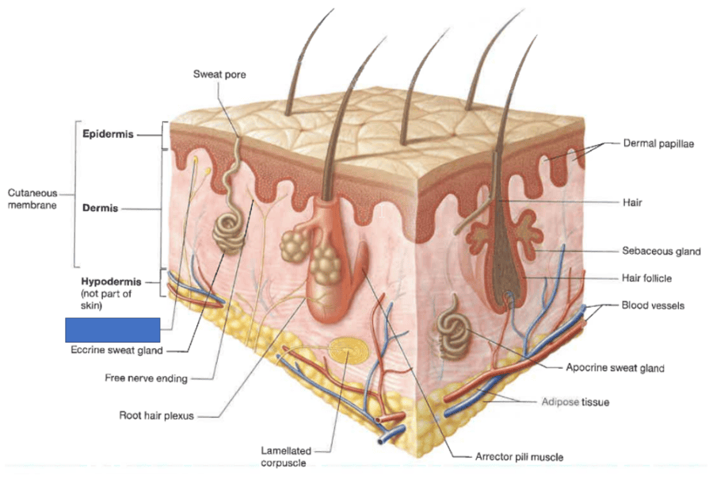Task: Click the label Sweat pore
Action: point(219,75)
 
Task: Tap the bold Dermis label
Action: point(100,209)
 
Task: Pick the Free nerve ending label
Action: point(147,378)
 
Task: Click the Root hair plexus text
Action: point(157,414)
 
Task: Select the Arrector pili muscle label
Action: point(519,457)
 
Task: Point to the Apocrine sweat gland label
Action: point(615,368)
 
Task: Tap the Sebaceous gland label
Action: point(661,251)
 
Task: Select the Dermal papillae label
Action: point(658,144)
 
